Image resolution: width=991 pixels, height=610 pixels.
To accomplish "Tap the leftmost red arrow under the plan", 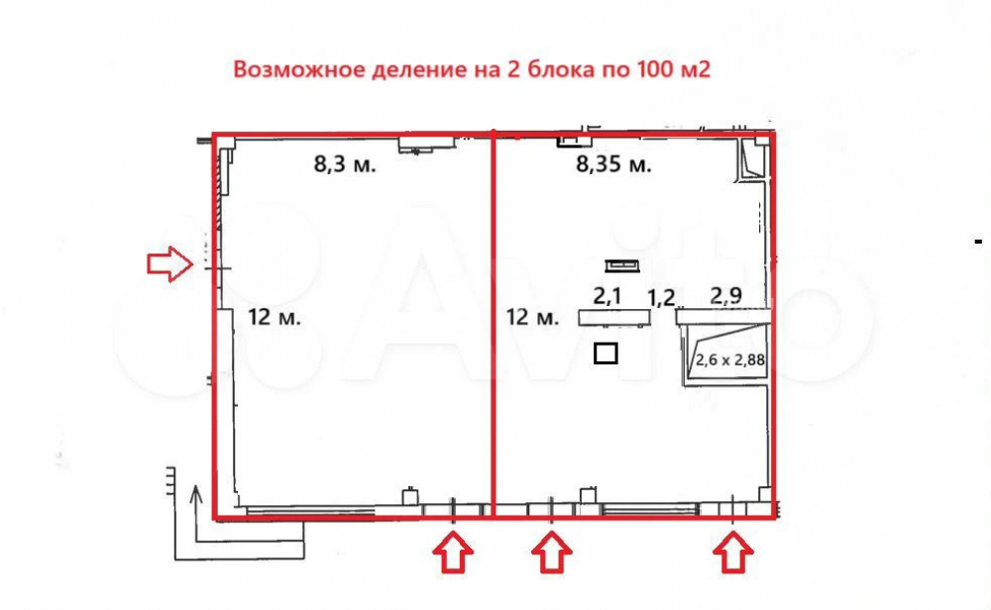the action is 453,553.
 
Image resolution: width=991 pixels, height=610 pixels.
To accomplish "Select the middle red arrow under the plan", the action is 552,553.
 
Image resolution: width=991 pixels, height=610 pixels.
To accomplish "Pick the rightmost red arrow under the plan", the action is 733,553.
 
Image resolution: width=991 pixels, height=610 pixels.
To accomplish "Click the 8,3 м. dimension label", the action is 345,164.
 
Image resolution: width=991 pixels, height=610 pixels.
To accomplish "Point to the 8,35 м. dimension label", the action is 613,164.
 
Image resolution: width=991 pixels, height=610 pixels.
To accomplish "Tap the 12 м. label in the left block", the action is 275,316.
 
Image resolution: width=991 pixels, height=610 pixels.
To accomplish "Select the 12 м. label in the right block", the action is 533,316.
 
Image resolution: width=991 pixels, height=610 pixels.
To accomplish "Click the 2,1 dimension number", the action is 607,295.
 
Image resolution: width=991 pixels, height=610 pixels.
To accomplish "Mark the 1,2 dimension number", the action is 661,297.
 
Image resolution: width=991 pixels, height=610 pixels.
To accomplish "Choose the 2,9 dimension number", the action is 726,295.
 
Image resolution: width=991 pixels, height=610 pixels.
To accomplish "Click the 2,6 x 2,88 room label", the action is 730,360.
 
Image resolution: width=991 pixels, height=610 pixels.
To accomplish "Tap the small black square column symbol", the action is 606,354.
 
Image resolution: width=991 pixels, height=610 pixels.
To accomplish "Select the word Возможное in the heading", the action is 299,69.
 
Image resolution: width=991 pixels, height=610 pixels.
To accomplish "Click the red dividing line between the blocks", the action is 493,325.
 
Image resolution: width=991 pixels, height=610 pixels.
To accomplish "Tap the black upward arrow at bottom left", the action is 196,513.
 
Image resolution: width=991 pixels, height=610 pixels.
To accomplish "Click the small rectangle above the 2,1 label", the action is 622,265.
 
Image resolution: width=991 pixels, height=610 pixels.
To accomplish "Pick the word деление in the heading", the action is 419,69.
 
